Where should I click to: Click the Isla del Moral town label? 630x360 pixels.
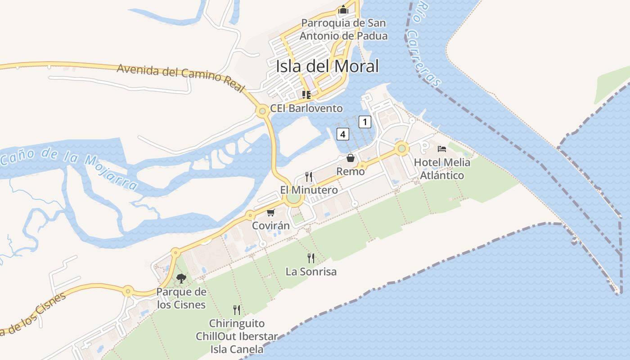click(x=328, y=67)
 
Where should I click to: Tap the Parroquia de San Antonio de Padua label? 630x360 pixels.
click(x=344, y=29)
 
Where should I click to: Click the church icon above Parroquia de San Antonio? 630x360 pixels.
click(x=343, y=9)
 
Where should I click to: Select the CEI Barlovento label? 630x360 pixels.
click(x=306, y=108)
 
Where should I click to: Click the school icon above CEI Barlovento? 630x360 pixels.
click(x=306, y=94)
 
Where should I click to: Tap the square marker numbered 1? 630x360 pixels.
click(x=365, y=121)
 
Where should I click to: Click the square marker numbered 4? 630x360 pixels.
click(x=343, y=134)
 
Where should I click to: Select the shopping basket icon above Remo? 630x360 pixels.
click(x=350, y=158)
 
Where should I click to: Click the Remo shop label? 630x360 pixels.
click(x=350, y=171)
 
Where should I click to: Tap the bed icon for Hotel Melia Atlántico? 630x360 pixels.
click(x=442, y=149)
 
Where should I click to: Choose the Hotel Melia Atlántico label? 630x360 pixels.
click(x=442, y=169)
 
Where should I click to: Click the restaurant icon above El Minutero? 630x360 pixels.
click(x=309, y=176)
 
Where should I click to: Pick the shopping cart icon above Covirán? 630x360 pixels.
click(x=270, y=212)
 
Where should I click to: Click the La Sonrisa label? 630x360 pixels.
click(x=311, y=272)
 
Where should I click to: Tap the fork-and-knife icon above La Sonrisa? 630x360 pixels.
click(x=311, y=258)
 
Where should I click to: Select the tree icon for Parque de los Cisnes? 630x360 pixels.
click(x=181, y=279)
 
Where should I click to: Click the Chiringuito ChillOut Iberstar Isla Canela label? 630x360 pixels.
click(x=237, y=336)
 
